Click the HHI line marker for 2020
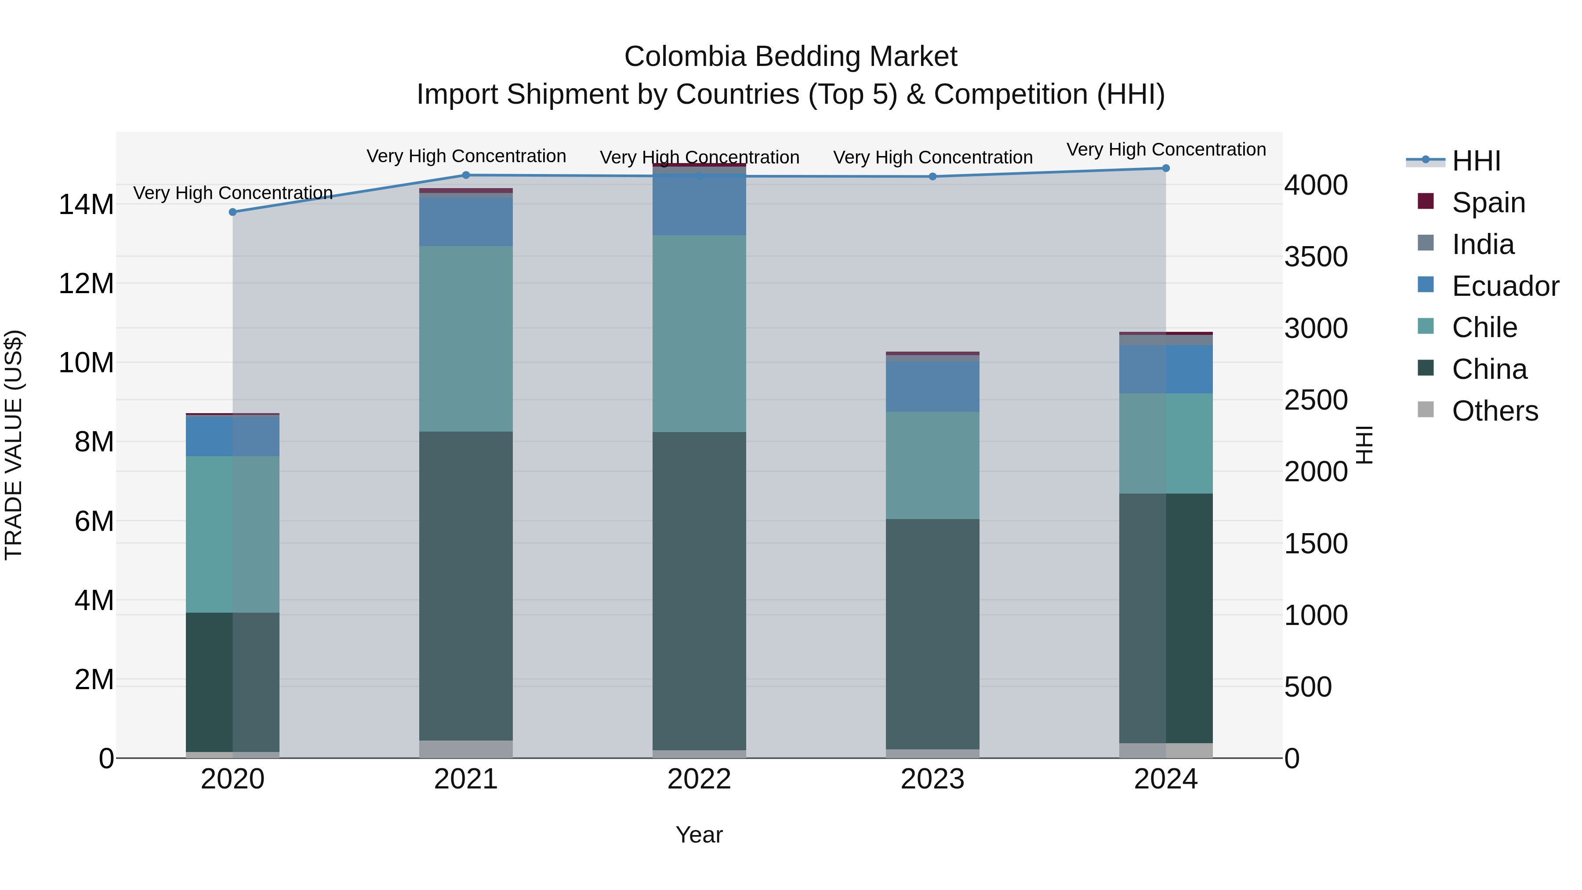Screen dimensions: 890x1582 [233, 212]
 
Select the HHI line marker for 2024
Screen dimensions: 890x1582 [1165, 168]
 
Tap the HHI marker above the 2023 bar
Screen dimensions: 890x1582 [932, 177]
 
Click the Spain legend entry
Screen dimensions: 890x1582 [1488, 203]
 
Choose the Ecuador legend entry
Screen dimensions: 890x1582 [1505, 286]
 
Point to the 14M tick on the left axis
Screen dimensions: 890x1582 [86, 204]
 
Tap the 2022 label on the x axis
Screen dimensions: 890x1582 [699, 779]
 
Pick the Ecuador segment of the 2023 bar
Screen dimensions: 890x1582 [932, 386]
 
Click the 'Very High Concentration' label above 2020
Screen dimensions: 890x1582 [233, 193]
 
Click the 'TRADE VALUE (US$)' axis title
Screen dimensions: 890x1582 [14, 445]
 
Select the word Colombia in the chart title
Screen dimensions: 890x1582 [686, 57]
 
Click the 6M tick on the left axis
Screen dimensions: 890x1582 [94, 521]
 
